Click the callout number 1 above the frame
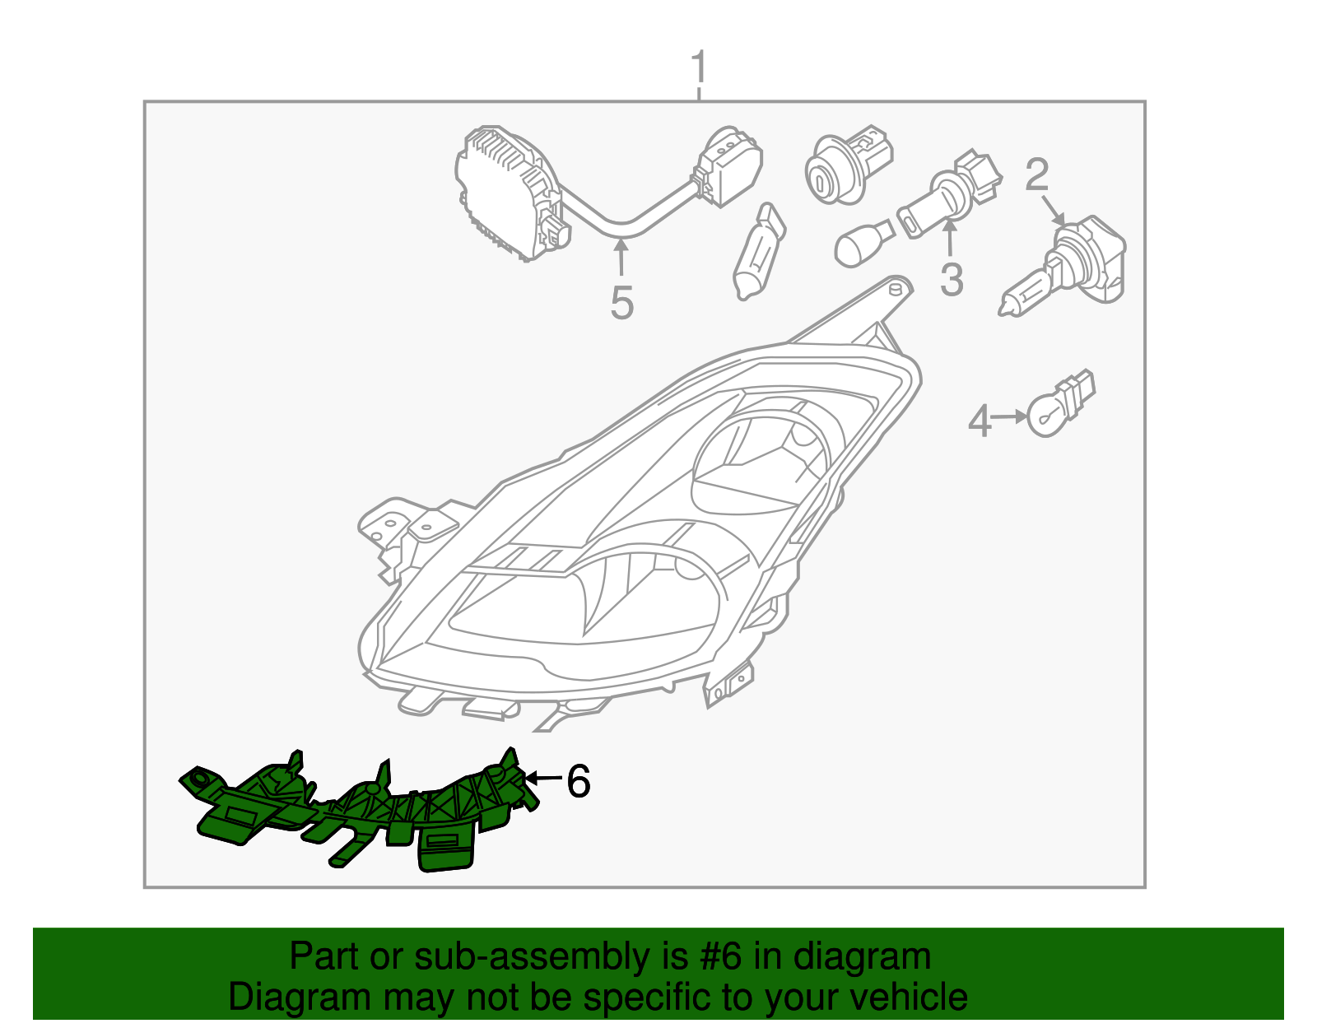[699, 67]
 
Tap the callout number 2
[1036, 174]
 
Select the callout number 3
[952, 280]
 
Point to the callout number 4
[980, 421]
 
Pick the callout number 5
[621, 303]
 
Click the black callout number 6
[578, 781]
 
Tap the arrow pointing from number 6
[542, 778]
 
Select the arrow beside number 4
[1010, 416]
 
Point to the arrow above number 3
[950, 239]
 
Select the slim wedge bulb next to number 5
[759, 251]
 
